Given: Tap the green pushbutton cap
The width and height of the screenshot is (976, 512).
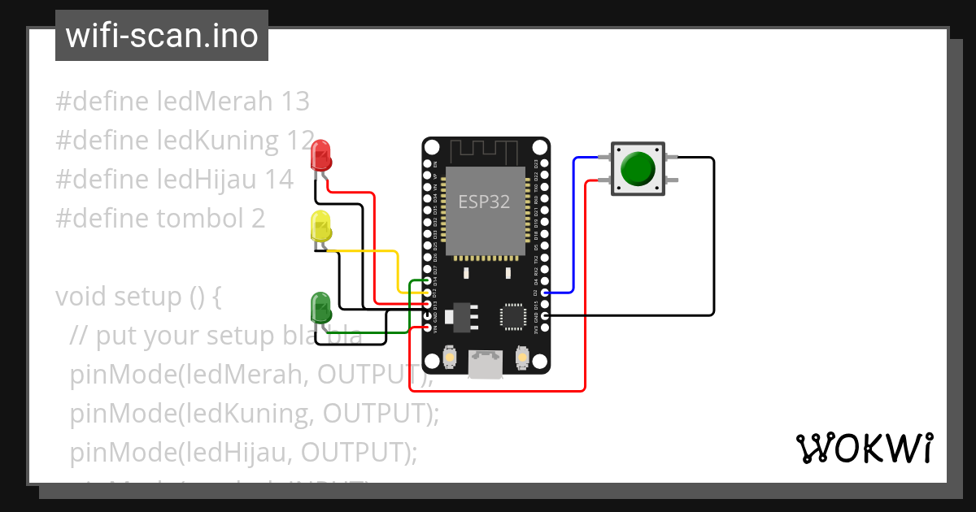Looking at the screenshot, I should coord(638,168).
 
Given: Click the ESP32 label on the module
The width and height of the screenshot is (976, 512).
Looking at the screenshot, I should coord(484,202).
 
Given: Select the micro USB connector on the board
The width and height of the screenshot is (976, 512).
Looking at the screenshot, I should coord(486,364).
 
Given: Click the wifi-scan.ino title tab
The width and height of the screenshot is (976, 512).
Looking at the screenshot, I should coord(162,36).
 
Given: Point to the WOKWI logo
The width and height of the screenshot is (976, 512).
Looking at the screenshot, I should coord(864,448).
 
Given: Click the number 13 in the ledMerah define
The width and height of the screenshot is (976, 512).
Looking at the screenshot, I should coord(294,102).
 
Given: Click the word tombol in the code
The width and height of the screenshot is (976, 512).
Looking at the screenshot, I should coord(198,219).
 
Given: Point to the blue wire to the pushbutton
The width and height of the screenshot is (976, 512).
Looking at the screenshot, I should coord(574,228).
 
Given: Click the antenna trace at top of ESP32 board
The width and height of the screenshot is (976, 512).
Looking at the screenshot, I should coord(486,150).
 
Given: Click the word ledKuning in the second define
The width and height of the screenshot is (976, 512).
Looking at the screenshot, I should coord(216,141).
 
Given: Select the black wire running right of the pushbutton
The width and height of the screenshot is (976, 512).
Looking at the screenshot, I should coord(713,236).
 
